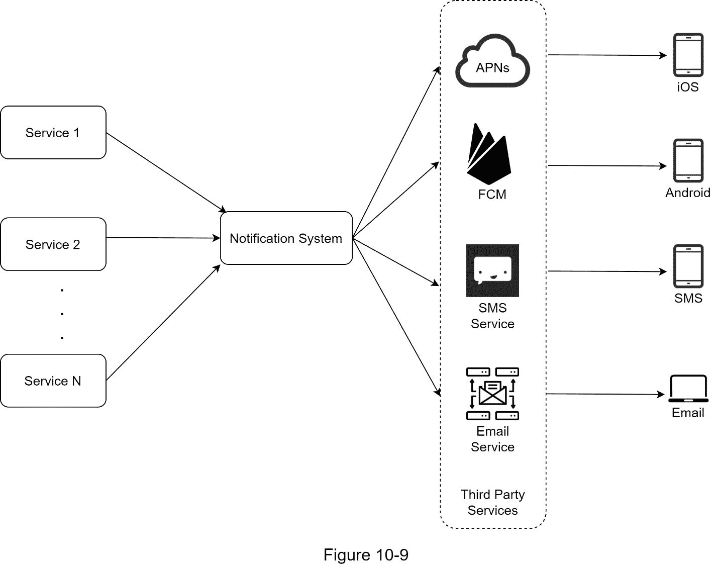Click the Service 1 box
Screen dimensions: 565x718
pos(53,133)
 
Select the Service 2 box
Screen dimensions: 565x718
pos(53,244)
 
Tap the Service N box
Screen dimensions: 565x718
pos(53,381)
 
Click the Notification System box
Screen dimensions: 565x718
pos(286,238)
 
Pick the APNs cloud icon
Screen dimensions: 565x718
pos(492,61)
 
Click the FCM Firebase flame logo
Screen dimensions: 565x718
pos(488,154)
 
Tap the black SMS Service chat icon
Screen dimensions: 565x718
pos(492,270)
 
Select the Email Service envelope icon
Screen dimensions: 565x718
pos(492,393)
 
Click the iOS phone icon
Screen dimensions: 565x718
pos(688,55)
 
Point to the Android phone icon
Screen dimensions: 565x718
pos(688,160)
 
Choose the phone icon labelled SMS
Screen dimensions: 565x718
pos(688,266)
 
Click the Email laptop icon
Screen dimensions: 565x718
pos(688,389)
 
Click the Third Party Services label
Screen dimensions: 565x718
pos(492,502)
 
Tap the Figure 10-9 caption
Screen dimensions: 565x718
pos(366,555)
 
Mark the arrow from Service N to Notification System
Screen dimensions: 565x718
pos(163,323)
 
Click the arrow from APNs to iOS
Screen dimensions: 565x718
pos(607,55)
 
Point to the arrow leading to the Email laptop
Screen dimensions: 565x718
pos(605,394)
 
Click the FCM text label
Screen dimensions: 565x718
pos(492,195)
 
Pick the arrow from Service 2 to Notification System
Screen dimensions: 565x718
pos(163,238)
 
